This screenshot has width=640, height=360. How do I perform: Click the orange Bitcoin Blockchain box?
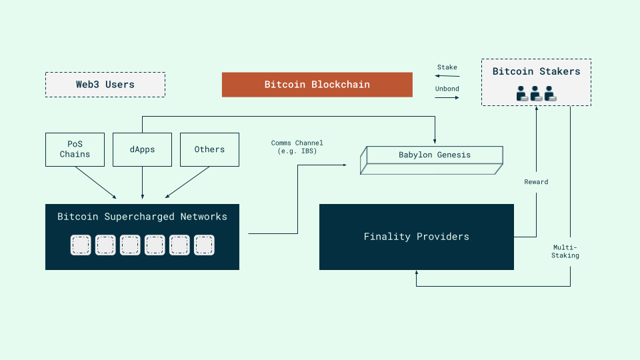[317, 85]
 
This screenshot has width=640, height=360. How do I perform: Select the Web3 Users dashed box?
[105, 85]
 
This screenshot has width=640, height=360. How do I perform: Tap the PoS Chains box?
[75, 149]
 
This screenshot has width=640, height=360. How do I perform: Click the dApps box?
[142, 149]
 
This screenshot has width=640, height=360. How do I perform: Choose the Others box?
[209, 149]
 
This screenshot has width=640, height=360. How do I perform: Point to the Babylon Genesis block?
[434, 155]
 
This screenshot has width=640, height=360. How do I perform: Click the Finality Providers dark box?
[416, 237]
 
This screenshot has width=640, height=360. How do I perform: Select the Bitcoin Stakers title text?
[536, 71]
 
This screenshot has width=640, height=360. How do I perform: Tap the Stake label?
[447, 67]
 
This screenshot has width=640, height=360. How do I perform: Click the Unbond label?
[447, 89]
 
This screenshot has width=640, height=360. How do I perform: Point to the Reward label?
[536, 181]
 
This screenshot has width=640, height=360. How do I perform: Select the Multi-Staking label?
[565, 251]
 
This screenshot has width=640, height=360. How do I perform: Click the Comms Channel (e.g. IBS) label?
[297, 147]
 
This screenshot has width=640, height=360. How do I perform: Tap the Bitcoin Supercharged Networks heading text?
[142, 217]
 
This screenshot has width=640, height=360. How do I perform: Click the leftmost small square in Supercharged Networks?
[81, 245]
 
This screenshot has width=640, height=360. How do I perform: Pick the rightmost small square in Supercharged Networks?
[203, 245]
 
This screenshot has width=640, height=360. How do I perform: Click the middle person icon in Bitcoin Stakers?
[536, 94]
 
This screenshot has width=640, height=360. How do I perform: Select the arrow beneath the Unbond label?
[447, 98]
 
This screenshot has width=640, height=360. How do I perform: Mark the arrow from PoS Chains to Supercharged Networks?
[96, 182]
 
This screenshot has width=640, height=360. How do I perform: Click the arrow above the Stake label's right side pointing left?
[447, 77]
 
